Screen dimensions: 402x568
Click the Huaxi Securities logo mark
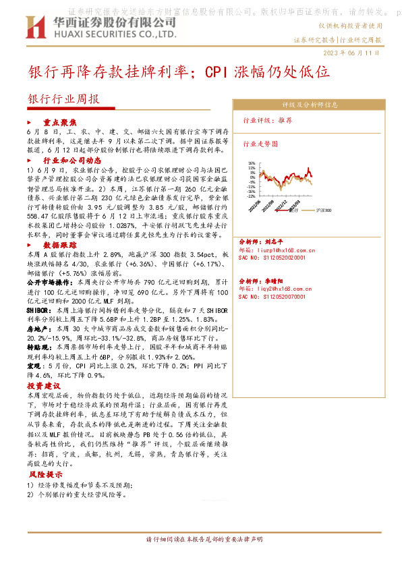click(x=33, y=27)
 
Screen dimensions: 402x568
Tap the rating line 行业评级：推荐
click(x=267, y=119)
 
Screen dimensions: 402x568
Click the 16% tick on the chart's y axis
click(x=252, y=163)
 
